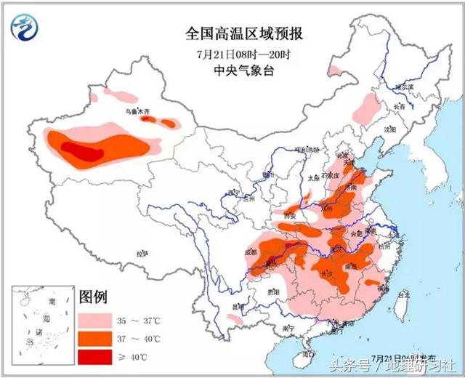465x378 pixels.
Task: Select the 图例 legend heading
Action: (x=94, y=297)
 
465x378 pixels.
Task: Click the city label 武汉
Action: (x=336, y=249)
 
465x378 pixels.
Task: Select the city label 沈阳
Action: (x=392, y=129)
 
